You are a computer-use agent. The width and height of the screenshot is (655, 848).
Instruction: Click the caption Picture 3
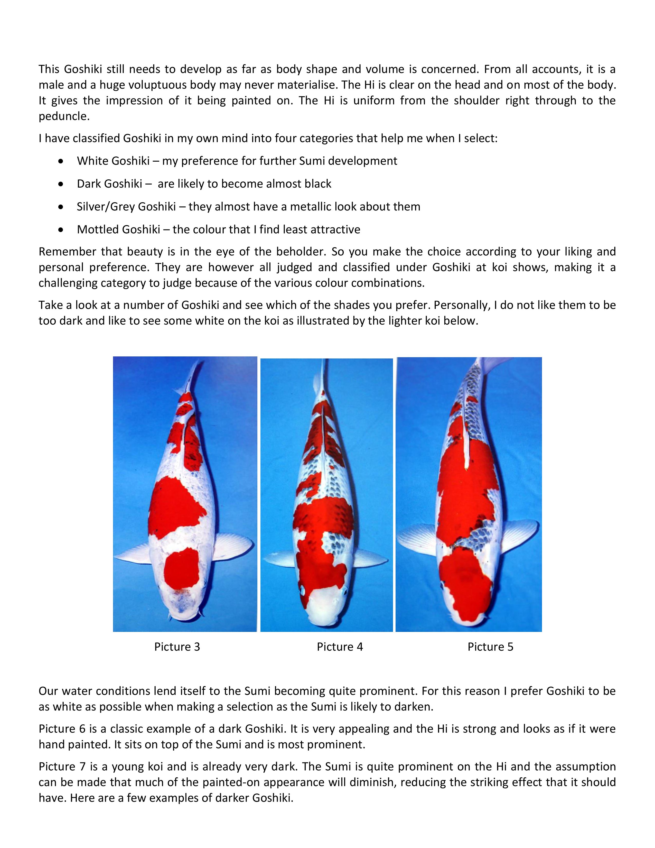177,647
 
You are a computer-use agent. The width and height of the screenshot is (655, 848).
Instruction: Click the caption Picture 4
340,647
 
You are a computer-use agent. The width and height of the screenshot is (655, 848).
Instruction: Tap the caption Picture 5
490,647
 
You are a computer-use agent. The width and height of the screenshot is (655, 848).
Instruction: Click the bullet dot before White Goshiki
61,161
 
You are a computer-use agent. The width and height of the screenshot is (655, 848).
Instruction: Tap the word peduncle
64,116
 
